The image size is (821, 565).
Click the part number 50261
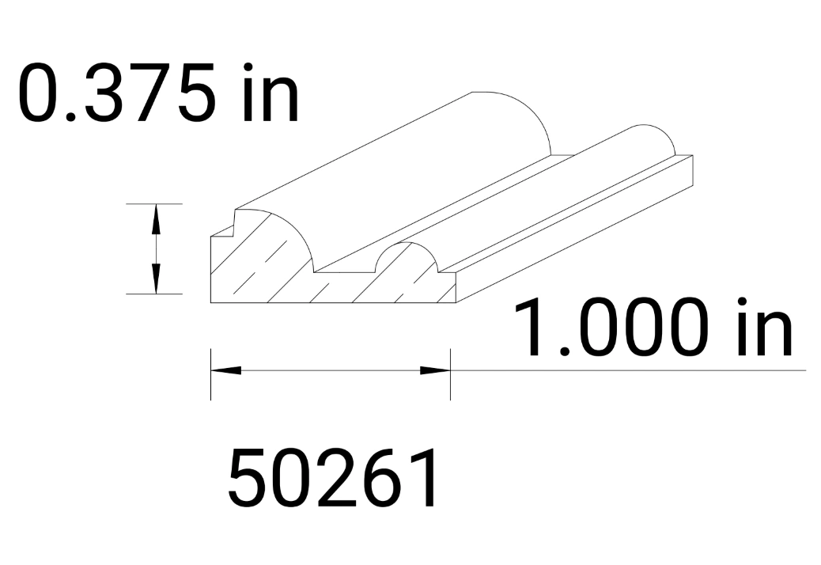[333, 479]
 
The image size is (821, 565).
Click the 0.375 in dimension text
[158, 93]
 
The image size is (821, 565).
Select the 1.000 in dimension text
[653, 326]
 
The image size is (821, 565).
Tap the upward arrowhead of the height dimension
[156, 218]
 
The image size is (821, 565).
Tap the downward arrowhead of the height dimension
[156, 279]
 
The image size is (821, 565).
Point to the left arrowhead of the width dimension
[225, 370]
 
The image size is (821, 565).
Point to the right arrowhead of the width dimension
[436, 370]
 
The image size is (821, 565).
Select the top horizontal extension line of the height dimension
[154, 203]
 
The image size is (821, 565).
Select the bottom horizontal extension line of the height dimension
[154, 294]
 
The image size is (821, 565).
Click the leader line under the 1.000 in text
[633, 370]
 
